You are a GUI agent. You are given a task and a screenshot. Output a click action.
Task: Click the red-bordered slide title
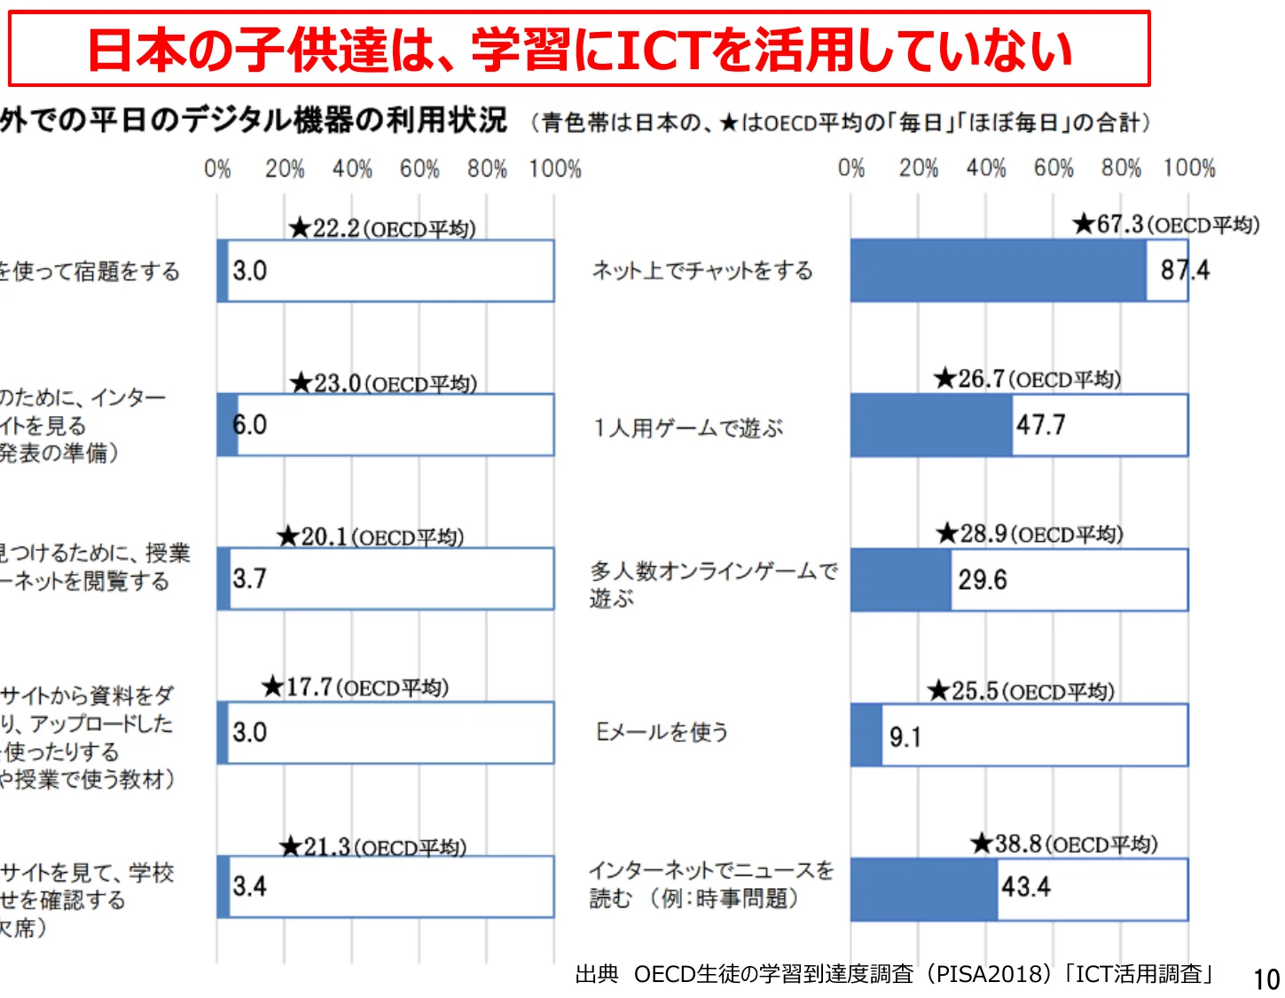[579, 49]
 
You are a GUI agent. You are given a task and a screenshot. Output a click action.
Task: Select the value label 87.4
[1185, 270]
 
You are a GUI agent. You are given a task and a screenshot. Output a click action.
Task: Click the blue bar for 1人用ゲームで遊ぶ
[931, 426]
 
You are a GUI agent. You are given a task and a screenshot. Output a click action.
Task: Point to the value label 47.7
[1041, 426]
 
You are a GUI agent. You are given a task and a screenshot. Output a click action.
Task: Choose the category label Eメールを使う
[662, 732]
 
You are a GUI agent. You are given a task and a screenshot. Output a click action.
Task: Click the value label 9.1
[905, 737]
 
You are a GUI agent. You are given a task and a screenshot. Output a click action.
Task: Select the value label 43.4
[1026, 887]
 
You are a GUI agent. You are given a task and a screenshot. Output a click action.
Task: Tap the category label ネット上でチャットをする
[702, 271]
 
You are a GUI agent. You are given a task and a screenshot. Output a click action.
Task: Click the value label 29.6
[983, 580]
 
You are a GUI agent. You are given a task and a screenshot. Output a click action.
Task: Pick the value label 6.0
[249, 425]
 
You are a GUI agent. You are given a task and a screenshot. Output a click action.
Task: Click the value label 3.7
[249, 579]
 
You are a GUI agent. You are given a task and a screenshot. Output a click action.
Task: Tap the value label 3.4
[249, 886]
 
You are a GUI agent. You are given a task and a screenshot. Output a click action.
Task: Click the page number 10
[1265, 979]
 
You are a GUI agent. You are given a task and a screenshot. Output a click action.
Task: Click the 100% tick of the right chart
[1188, 168]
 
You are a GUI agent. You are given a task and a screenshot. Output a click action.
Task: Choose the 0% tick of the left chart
[217, 169]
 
